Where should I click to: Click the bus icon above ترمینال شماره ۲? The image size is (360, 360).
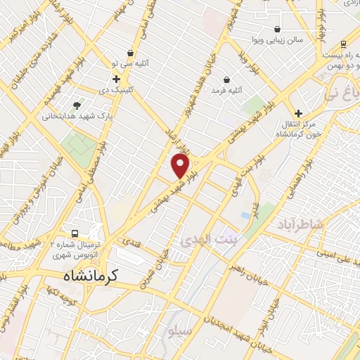pyautogui.click(x=75, y=234)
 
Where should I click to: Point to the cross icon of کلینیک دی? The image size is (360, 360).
pyautogui.click(x=116, y=79)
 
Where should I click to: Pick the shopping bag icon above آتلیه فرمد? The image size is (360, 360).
pyautogui.click(x=226, y=79)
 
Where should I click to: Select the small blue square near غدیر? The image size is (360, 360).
pyautogui.click(x=245, y=214)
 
